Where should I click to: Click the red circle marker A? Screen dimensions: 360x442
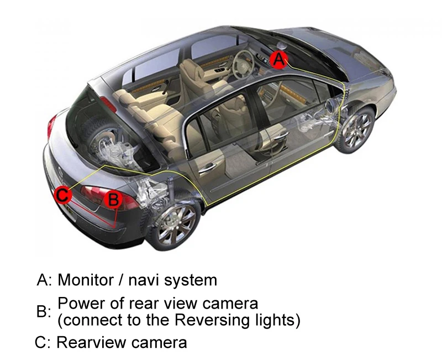click(280, 58)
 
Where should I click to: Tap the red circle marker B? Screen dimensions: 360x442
click(113, 199)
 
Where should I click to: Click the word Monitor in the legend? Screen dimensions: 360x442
click(86, 280)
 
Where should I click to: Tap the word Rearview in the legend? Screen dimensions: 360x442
click(92, 342)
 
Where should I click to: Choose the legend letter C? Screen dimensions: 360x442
click(43, 342)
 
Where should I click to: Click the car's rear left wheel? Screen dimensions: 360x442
click(176, 225)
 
